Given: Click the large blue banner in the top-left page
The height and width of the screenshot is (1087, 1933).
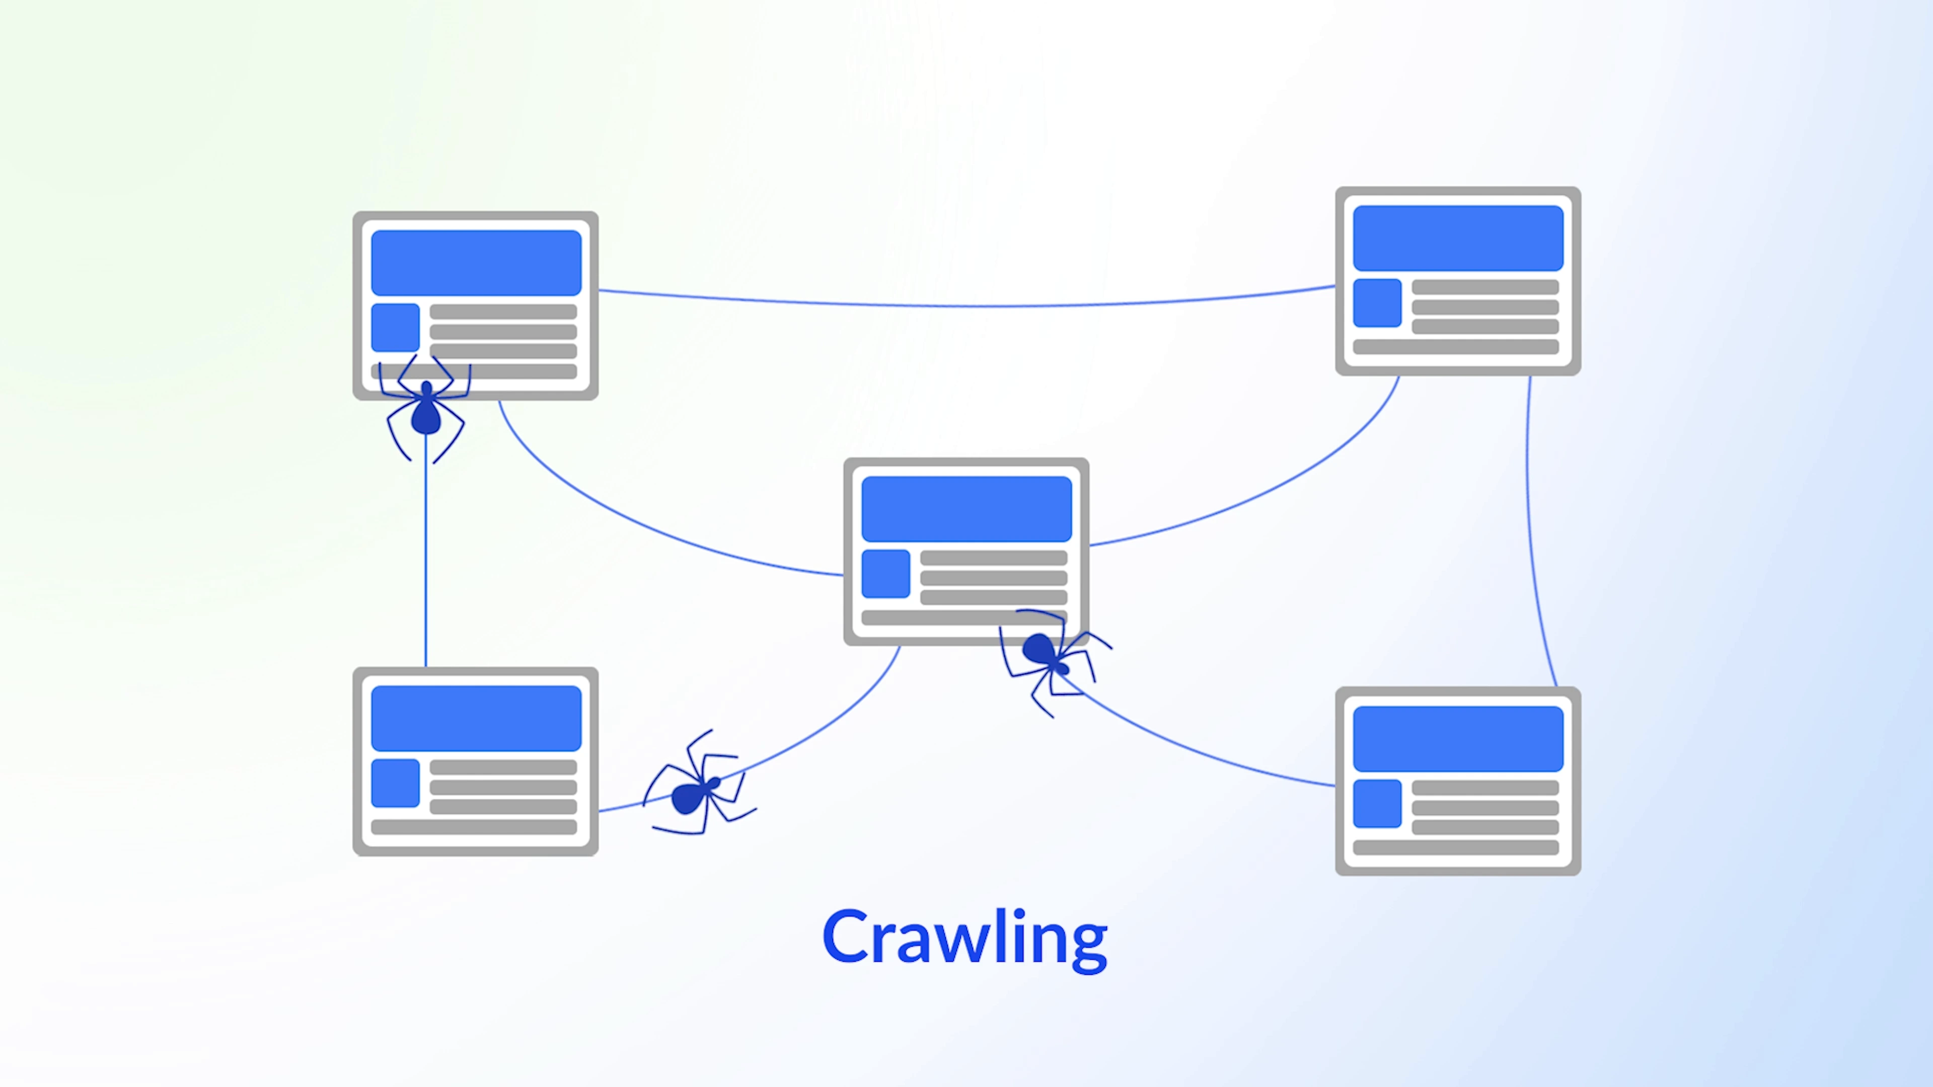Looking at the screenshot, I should click(476, 263).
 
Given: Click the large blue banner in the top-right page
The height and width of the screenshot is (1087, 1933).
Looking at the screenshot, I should click(1457, 238).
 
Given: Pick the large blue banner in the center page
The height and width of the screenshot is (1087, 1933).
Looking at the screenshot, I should click(966, 509).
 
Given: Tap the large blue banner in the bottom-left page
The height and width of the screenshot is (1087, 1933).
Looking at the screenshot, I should click(476, 718).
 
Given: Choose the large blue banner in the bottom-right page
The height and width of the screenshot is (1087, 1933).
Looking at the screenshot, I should click(1457, 738).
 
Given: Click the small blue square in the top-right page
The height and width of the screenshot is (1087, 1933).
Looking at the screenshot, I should click(1377, 303).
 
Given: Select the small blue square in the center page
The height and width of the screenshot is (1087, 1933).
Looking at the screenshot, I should click(885, 574).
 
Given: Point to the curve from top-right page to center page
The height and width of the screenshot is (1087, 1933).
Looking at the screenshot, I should click(1276, 480).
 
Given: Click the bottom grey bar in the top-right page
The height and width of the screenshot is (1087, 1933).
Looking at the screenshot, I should click(1456, 347).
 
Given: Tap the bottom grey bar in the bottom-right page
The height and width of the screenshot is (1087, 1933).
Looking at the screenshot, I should click(1456, 847).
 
